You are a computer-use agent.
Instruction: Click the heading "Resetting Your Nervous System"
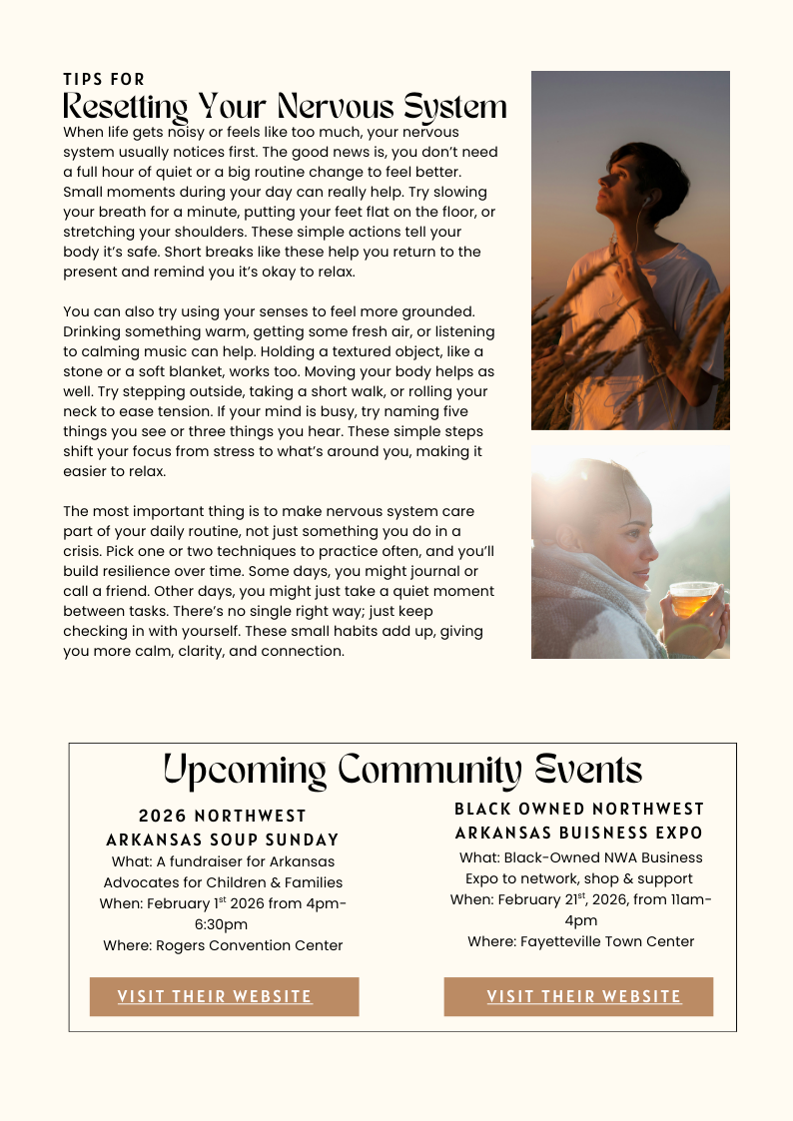(285, 107)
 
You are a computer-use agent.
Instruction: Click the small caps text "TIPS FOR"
(104, 79)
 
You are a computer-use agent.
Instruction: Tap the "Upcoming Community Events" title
(402, 770)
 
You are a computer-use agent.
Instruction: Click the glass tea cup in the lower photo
(692, 600)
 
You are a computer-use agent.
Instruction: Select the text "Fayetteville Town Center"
(607, 941)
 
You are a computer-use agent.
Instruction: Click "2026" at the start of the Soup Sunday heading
(163, 817)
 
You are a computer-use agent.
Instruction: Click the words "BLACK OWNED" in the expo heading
(511, 809)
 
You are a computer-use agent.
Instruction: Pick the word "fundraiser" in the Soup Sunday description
(211, 861)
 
